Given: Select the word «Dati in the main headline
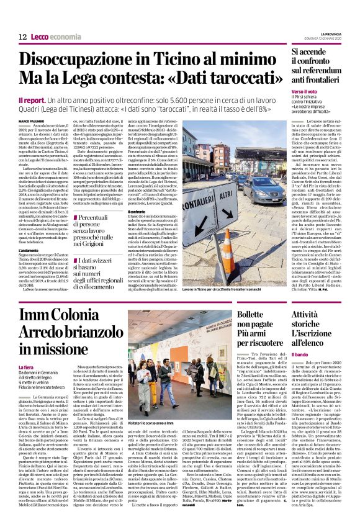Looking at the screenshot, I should (205, 82).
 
